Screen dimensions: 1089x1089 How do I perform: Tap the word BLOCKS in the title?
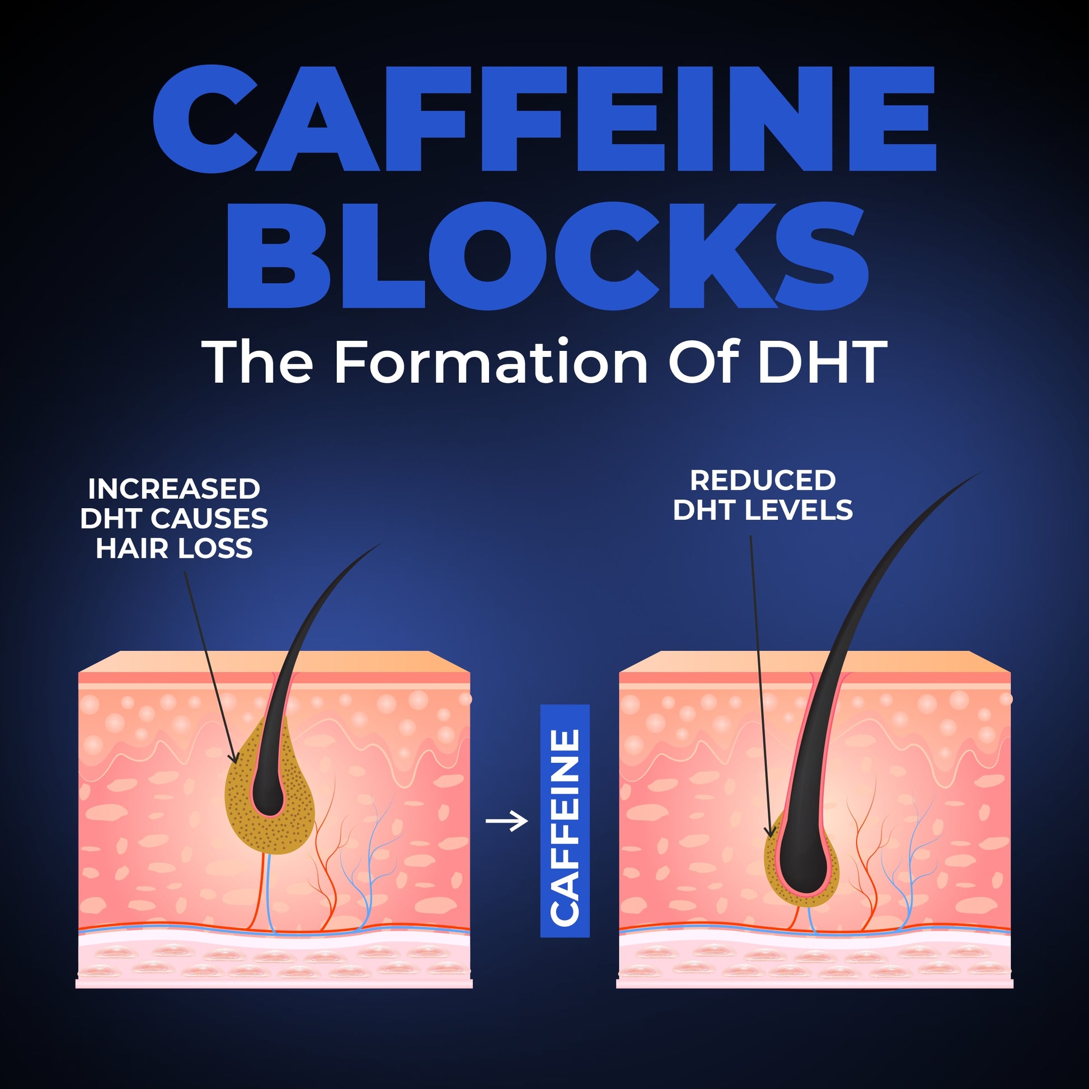click(547, 255)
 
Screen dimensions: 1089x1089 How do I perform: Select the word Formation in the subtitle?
click(491, 362)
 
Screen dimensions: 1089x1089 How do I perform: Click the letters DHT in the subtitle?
click(823, 362)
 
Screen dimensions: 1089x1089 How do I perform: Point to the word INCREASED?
click(173, 489)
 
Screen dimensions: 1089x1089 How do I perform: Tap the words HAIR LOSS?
click(173, 548)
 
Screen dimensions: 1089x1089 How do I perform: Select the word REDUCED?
click(763, 480)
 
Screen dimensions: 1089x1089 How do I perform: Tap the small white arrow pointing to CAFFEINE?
click(507, 821)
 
